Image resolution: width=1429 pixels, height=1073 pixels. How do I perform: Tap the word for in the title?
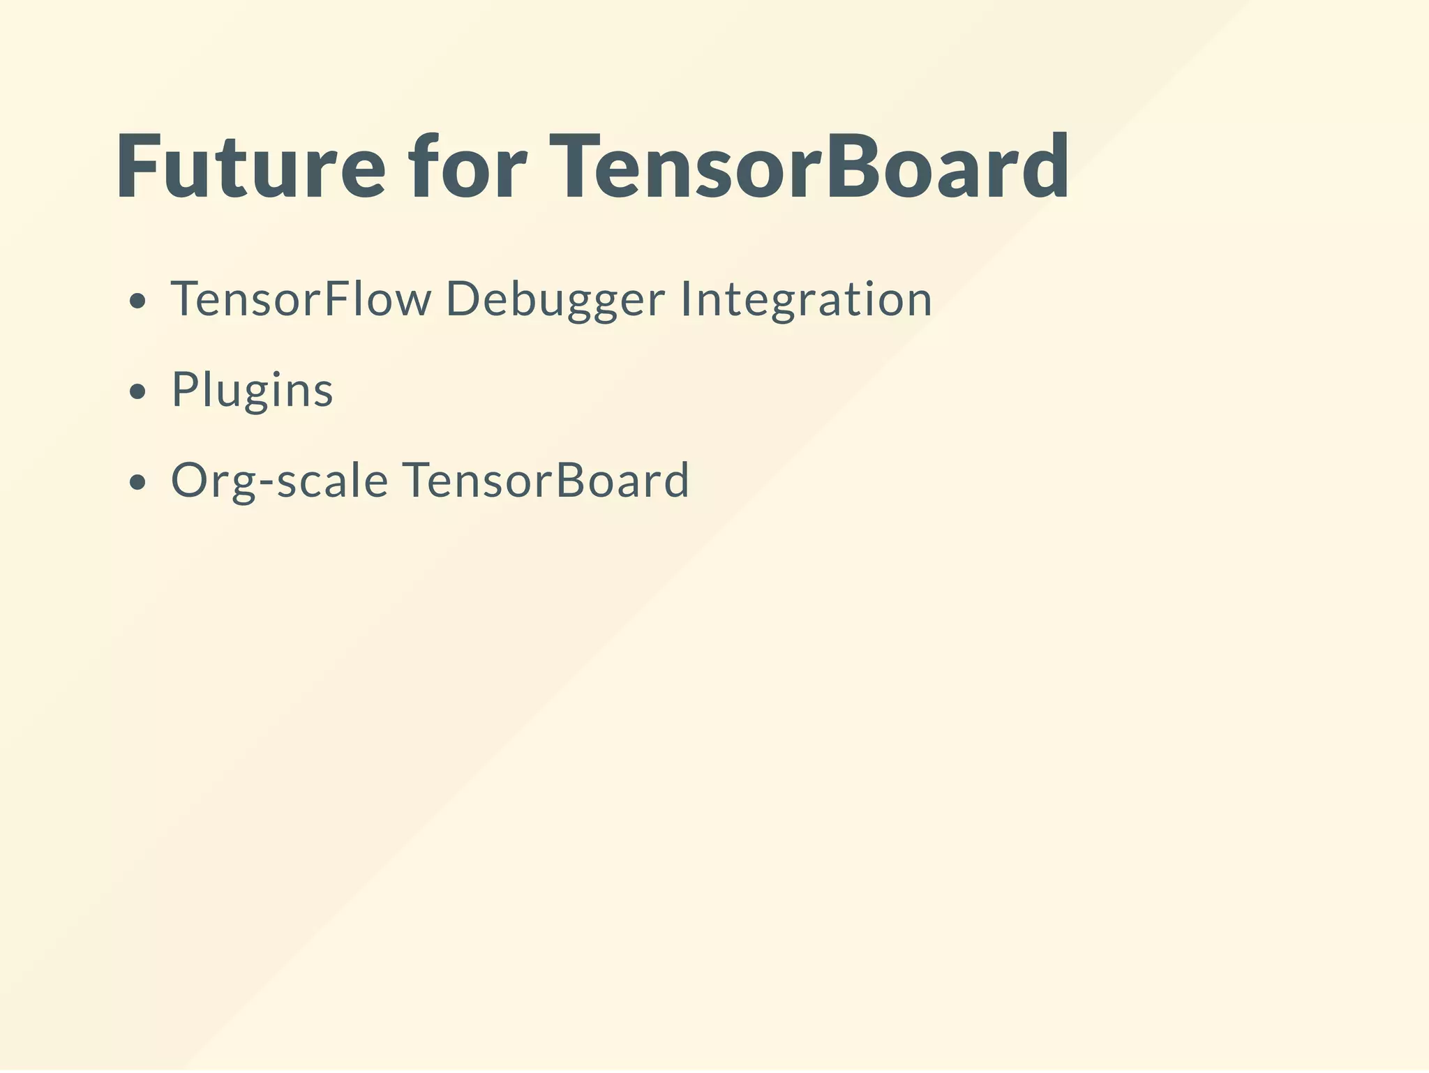pos(468,167)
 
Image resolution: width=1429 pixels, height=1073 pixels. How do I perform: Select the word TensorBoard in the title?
pos(809,167)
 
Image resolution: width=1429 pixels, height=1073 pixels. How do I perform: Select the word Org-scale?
pos(279,481)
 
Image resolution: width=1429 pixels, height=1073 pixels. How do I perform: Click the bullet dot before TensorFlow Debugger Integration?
pos(138,301)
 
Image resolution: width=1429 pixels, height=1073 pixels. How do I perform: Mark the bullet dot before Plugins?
pos(138,392)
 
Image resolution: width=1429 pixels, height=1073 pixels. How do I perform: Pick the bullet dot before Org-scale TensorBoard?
pos(138,483)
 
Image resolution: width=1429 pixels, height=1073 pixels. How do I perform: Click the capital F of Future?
pos(139,167)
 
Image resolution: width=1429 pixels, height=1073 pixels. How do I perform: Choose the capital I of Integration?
pos(685,299)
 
